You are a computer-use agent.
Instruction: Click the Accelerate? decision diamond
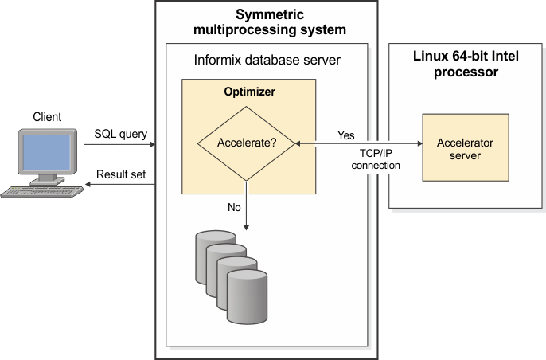pos(246,144)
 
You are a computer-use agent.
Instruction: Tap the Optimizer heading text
pos(249,92)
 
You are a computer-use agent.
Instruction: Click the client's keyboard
pos(43,190)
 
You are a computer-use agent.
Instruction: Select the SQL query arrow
pos(119,145)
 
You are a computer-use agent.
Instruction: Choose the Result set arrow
pos(119,185)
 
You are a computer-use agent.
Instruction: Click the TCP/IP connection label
pos(375,159)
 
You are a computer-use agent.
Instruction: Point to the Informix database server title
pos(267,61)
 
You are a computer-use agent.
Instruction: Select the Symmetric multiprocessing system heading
pos(269,22)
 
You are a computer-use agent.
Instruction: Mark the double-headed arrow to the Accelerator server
pos(358,144)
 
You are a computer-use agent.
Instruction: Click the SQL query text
pos(119,134)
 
